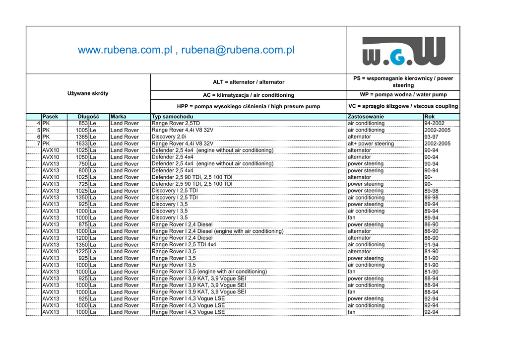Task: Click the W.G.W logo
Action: tap(403, 51)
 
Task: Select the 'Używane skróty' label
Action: tap(88, 93)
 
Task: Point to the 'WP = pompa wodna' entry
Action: tap(403, 94)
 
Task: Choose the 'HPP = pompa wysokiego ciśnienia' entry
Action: tap(249, 106)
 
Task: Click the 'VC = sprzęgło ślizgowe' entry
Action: tap(403, 106)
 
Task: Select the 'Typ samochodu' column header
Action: tap(169, 117)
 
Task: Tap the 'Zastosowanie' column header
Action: tap(366, 117)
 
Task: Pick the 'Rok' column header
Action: tap(430, 117)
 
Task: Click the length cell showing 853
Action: tap(83, 123)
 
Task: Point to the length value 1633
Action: tap(82, 144)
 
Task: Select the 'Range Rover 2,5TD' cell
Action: tap(176, 123)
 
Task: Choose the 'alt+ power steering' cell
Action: tap(371, 144)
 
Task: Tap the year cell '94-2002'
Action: tap(435, 123)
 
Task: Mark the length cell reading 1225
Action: tap(82, 252)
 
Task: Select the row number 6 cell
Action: tap(38, 137)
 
